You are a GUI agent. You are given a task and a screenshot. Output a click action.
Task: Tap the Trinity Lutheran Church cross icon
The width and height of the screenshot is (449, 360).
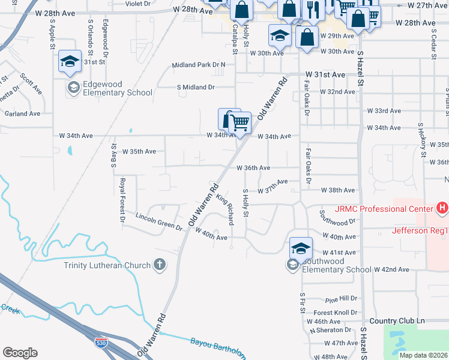tap(159, 265)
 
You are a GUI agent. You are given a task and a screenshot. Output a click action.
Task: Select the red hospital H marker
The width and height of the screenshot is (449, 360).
tap(442, 208)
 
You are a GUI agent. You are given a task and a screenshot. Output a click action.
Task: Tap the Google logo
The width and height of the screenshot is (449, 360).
tap(20, 353)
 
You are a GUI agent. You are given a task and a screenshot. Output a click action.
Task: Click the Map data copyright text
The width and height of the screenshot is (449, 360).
tap(423, 355)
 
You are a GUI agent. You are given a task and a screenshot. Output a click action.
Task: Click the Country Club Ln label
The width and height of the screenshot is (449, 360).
tap(397, 321)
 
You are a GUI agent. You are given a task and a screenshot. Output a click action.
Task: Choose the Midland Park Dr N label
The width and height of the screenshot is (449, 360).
tap(198, 65)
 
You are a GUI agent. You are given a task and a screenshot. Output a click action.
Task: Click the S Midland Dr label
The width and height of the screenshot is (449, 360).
tap(195, 87)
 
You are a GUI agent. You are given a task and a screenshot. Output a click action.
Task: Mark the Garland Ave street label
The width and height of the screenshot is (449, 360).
tap(22, 113)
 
